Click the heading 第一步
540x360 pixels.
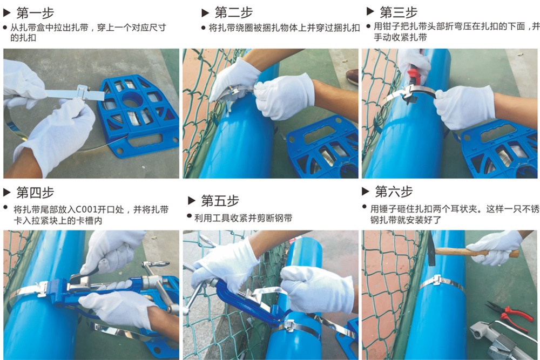(35, 13)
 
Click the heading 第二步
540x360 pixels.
(233, 12)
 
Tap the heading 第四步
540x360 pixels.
(35, 192)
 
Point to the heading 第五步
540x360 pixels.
(220, 201)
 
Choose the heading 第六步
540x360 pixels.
(394, 192)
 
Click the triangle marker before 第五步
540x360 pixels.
(192, 201)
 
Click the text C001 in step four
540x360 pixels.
(86, 209)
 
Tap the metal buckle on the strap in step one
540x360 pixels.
(83, 92)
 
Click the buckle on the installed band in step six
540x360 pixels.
(436, 281)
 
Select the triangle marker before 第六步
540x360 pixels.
(366, 192)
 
